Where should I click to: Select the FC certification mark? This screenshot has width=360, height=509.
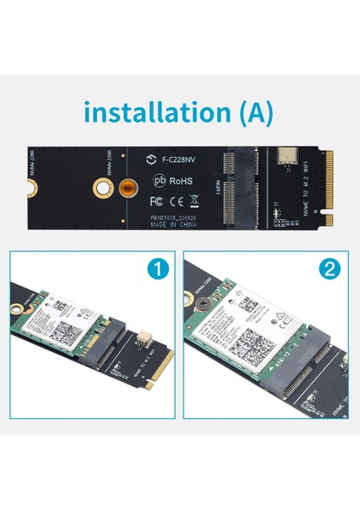pyautogui.click(x=156, y=203)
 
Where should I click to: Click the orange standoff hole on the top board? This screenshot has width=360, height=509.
pyautogui.click(x=126, y=187)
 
